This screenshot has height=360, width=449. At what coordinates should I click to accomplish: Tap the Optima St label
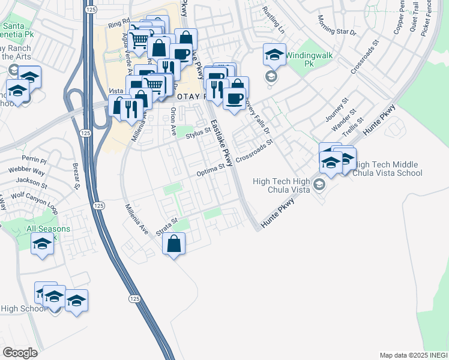point(210,171)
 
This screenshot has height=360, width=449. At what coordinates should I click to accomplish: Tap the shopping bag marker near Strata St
point(173,244)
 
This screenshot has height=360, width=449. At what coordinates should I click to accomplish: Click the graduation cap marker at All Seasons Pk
point(42,244)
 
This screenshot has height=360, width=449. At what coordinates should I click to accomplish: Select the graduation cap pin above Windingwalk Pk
point(274,55)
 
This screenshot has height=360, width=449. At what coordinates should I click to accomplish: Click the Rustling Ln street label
point(273,20)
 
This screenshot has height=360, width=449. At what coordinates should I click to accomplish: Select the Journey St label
point(336,110)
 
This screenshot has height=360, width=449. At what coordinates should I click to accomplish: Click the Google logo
point(20,353)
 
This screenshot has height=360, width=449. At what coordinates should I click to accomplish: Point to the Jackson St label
point(32,181)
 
